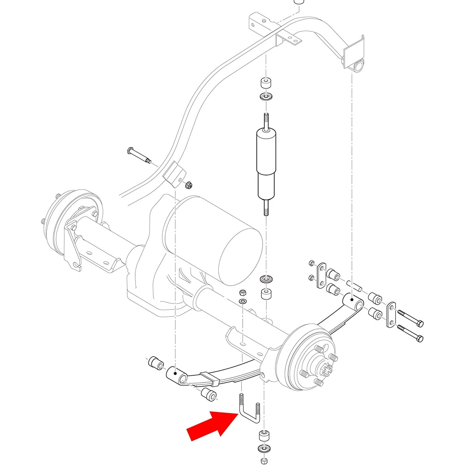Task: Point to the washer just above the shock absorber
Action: [266, 97]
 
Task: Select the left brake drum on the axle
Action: [72, 222]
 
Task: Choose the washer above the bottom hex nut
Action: [264, 449]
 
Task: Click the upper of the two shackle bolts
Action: [410, 318]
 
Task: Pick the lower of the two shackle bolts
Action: [410, 334]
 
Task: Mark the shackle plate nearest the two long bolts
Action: [391, 314]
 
